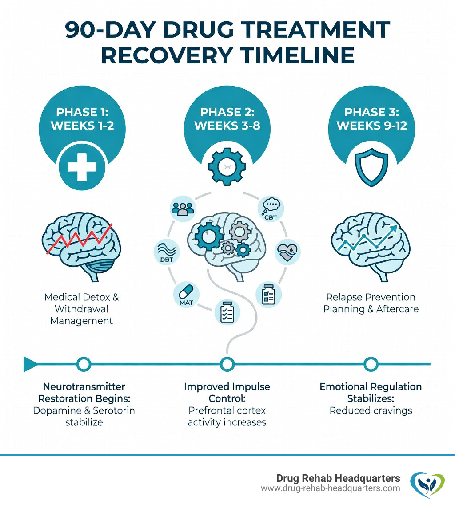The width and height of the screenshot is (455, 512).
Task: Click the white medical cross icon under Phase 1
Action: [82, 167]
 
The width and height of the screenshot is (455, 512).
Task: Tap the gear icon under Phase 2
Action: [227, 167]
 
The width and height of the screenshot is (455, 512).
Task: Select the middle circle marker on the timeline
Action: [227, 364]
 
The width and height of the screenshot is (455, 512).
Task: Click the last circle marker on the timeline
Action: [370, 364]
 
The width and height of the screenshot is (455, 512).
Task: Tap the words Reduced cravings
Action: [371, 410]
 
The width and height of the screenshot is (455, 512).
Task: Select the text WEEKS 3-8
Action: [227, 125]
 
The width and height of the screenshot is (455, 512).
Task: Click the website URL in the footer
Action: [330, 488]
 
